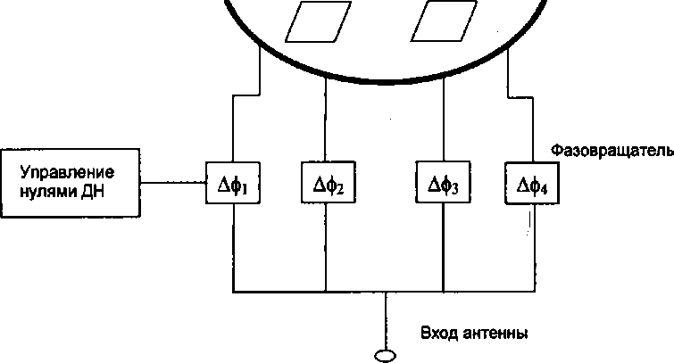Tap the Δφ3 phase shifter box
coord(444,185)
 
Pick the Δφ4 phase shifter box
coord(533,185)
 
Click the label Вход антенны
coord(474,334)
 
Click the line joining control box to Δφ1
coord(176,185)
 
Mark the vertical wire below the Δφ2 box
coord(324,250)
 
